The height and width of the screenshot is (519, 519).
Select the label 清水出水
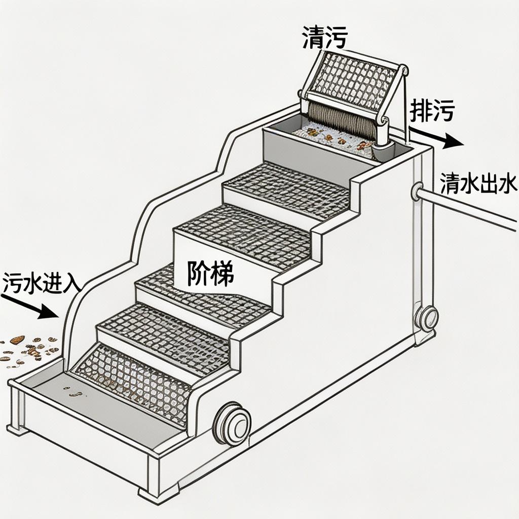tap(478, 183)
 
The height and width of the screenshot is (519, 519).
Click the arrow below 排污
tap(436, 137)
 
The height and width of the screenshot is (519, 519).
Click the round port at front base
tap(232, 423)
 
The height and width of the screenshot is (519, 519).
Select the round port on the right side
tap(427, 318)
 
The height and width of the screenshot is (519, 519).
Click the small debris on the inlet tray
tap(73, 391)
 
